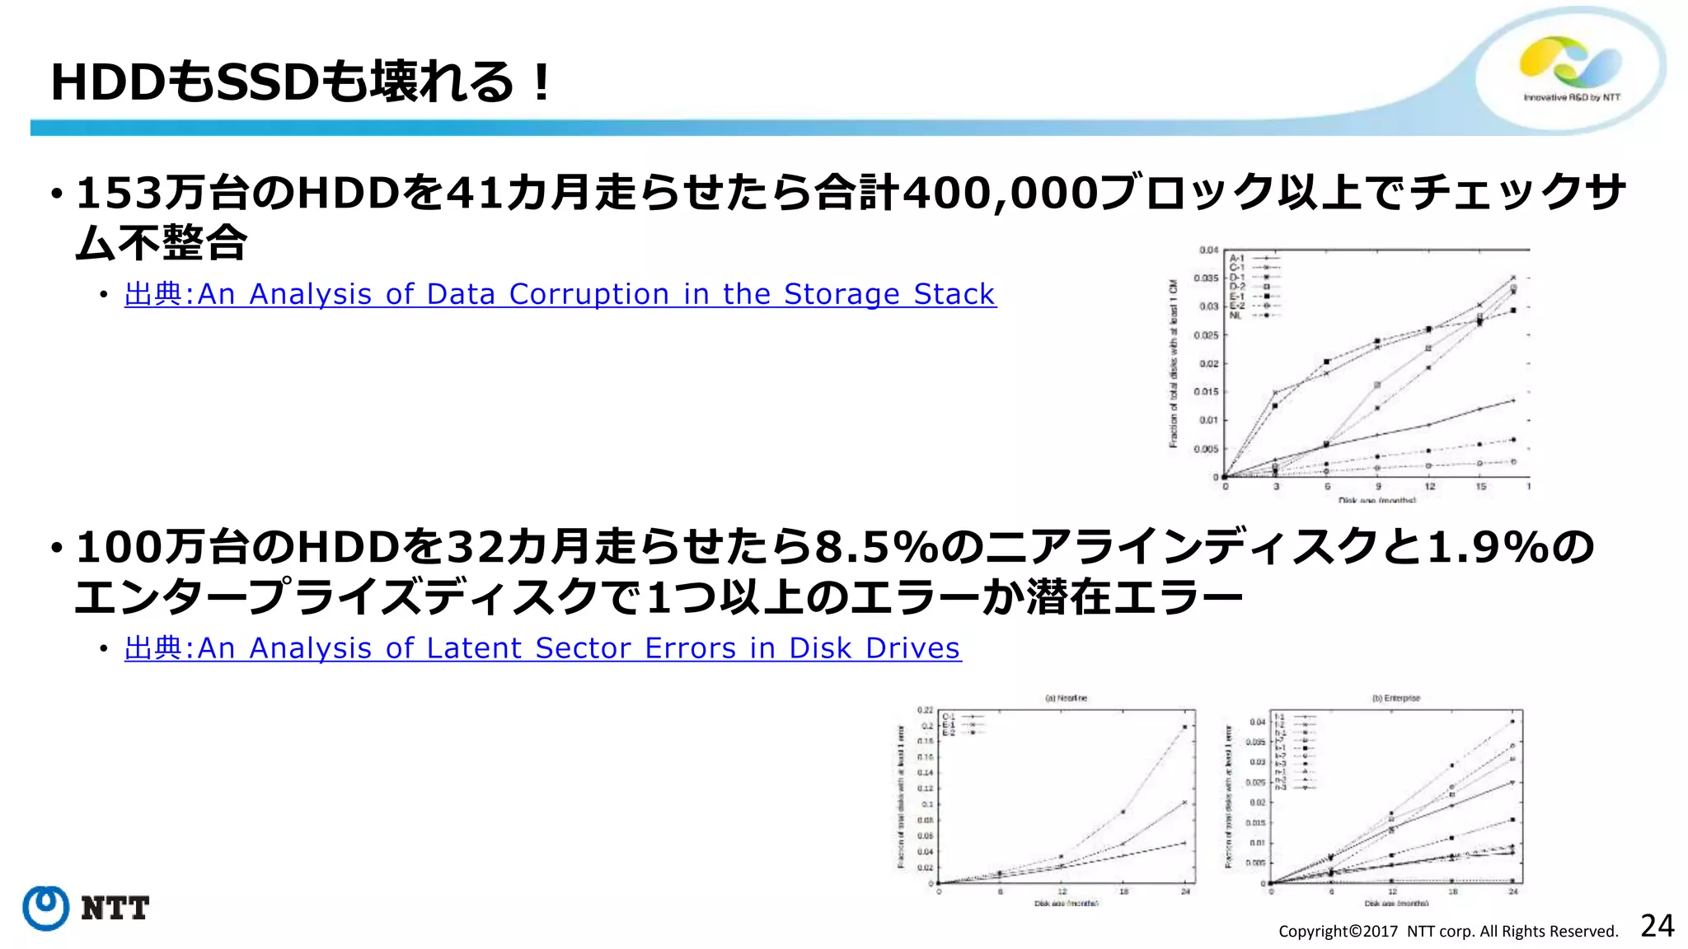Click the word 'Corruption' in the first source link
click(588, 294)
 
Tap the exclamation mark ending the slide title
click(541, 82)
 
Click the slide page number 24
click(1657, 926)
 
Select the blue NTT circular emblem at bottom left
click(45, 908)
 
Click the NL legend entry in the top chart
click(1236, 316)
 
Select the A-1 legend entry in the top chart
click(1236, 259)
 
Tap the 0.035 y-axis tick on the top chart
click(1207, 278)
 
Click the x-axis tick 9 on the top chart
click(1378, 487)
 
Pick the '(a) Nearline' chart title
click(1066, 698)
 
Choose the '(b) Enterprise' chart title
click(1395, 698)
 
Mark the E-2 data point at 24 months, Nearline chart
click(1185, 727)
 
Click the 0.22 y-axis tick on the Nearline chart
click(925, 710)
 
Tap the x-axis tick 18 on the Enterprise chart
click(1453, 891)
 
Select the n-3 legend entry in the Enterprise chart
click(1281, 788)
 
